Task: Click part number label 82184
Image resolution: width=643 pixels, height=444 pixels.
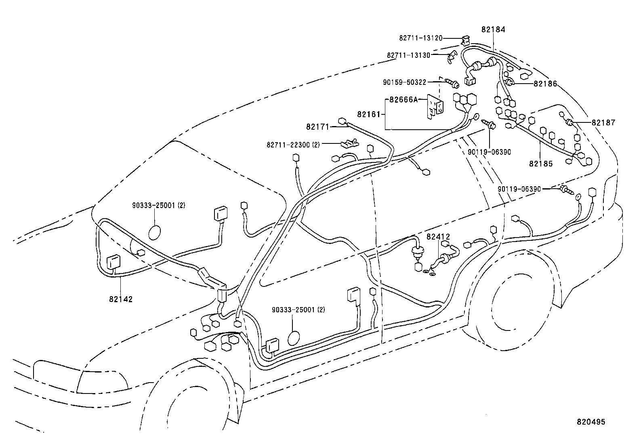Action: point(493,29)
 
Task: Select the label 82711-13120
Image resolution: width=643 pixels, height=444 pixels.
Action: point(420,38)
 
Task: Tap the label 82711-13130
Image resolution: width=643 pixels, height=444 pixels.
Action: point(408,55)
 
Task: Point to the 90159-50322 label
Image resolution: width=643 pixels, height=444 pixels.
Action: point(404,82)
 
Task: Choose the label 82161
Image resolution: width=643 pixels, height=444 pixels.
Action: point(369,114)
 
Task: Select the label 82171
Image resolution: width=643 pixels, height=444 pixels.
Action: point(318,127)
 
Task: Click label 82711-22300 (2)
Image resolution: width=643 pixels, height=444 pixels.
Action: point(293,144)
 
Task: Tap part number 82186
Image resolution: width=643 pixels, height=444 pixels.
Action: point(545,84)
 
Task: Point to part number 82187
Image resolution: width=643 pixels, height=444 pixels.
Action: point(603,122)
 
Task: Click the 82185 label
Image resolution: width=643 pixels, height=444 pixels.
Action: point(541,164)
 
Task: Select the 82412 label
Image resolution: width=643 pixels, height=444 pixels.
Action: point(438,236)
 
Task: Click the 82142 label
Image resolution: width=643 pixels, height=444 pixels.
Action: point(120,299)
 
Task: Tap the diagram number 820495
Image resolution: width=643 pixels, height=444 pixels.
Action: point(591,422)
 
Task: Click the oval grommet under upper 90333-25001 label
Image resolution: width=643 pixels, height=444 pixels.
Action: point(155,233)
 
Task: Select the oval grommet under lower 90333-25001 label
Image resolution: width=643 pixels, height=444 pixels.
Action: point(294,338)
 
